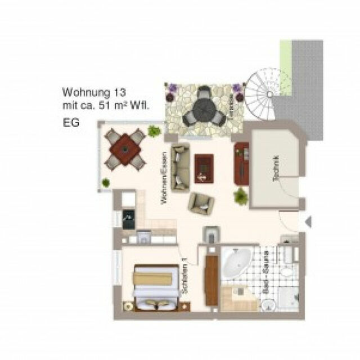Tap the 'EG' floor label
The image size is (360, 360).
69,121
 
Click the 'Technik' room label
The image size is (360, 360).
275,167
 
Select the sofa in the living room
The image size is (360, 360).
179,168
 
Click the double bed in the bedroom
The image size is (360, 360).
154,287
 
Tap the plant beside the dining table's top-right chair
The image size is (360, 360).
153,132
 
